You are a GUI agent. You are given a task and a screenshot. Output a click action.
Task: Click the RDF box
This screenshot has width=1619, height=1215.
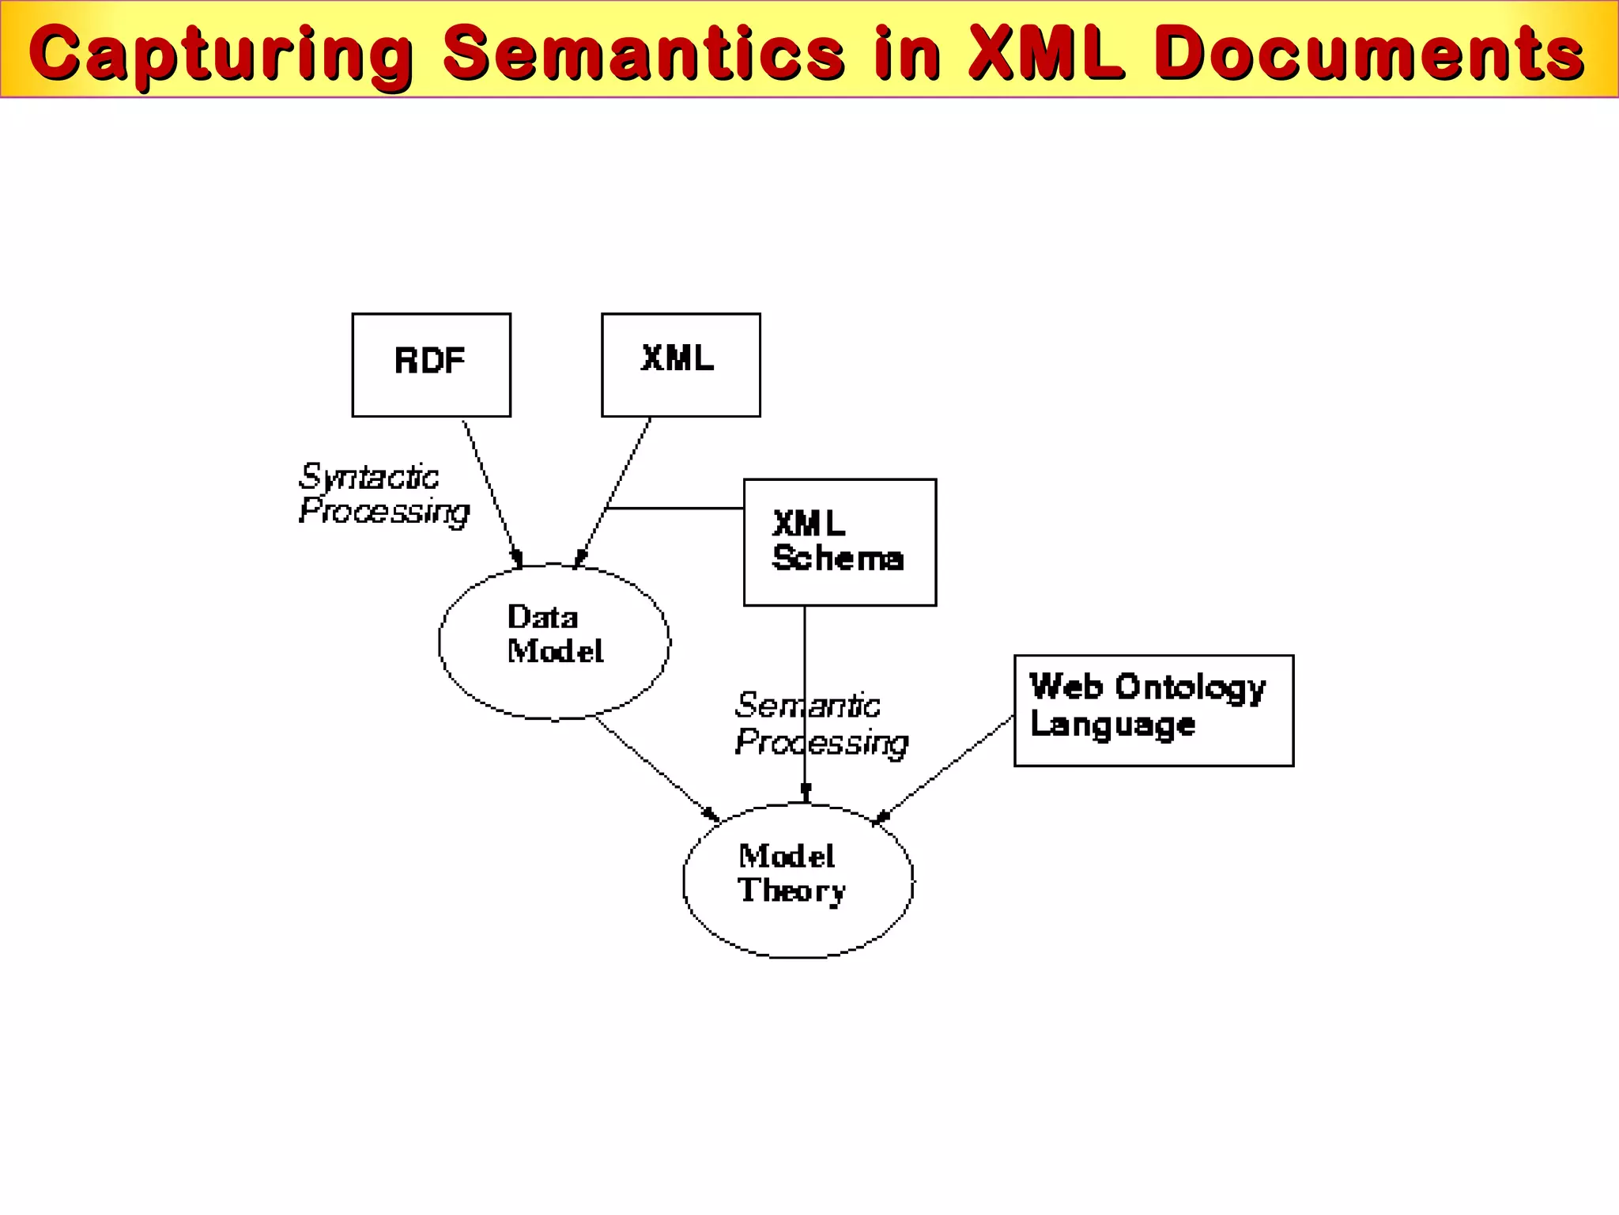(431, 365)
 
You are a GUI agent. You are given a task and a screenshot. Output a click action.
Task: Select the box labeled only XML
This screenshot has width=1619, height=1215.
(681, 365)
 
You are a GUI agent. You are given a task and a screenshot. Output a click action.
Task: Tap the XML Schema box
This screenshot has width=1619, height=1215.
(840, 543)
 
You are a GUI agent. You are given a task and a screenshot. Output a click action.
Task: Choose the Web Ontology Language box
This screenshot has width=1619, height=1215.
(1153, 710)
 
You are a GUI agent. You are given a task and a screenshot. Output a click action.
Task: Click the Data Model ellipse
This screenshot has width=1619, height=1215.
(554, 642)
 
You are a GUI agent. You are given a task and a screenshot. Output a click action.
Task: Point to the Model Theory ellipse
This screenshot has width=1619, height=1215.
(798, 880)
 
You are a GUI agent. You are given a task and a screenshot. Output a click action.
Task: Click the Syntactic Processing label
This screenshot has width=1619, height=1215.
(383, 494)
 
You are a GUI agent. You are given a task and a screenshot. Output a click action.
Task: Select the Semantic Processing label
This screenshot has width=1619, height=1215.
(821, 724)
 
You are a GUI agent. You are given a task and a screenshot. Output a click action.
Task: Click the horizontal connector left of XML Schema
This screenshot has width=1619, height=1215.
(676, 508)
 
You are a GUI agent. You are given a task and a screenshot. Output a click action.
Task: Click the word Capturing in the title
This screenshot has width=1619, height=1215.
(221, 54)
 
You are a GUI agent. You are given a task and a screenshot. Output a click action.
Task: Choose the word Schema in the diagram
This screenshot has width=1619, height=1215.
(838, 559)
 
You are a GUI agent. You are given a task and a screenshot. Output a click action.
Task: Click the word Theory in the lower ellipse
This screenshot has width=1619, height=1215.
(792, 891)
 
